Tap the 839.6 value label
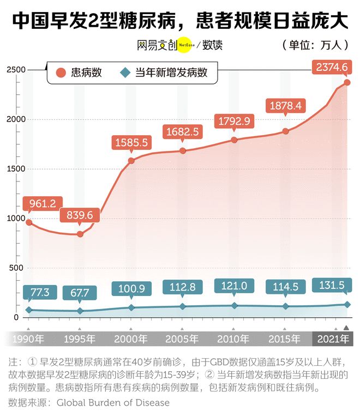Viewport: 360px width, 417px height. [x=80, y=215]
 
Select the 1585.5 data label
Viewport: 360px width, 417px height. [x=131, y=143]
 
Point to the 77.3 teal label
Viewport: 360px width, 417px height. [x=40, y=292]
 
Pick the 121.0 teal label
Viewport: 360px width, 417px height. [x=233, y=286]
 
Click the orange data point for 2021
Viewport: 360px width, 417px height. [x=347, y=83]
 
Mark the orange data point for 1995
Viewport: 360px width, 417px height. [x=80, y=234]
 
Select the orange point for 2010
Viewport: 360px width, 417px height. [x=234, y=140]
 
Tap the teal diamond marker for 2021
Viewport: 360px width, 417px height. [x=347, y=305]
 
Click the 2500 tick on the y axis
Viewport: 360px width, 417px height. [x=16, y=70]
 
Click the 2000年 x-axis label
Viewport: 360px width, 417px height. [x=131, y=339]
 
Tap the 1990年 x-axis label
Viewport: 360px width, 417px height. [x=28, y=339]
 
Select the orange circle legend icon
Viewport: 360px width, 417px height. [x=61, y=72]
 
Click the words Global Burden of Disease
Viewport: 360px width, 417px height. [x=113, y=403]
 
